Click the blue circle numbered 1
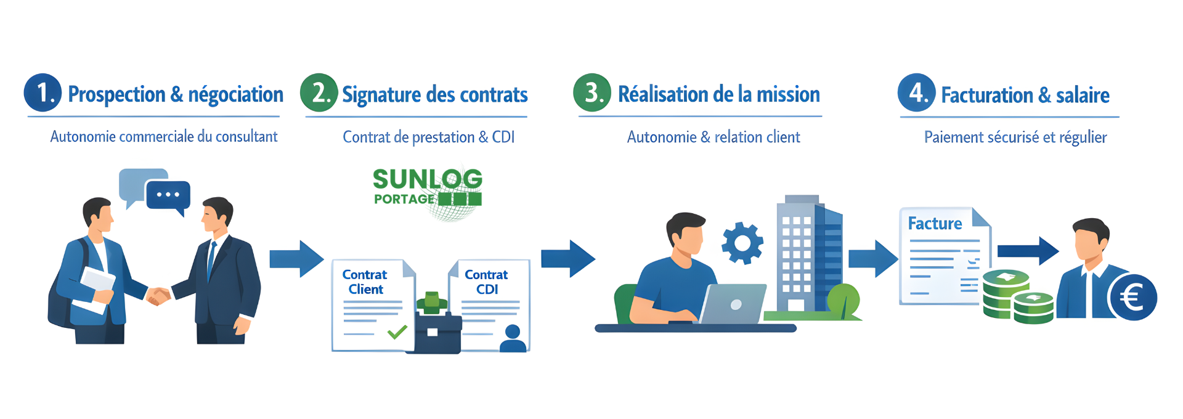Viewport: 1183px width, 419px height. click(x=43, y=93)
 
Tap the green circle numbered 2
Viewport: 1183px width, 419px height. click(x=319, y=93)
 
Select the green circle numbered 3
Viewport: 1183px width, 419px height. click(x=591, y=93)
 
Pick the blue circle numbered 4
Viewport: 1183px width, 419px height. click(x=916, y=93)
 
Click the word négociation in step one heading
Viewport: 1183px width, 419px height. click(x=235, y=94)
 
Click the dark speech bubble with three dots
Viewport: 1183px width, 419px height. click(x=168, y=195)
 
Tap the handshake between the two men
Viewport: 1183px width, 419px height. click(x=158, y=296)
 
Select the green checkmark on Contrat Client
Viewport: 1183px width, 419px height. click(x=397, y=332)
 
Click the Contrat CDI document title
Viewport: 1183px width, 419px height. click(x=486, y=282)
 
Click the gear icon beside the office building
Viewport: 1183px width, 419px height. click(x=742, y=243)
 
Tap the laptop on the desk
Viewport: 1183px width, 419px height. click(x=733, y=304)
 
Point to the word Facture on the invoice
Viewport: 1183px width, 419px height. click(x=935, y=223)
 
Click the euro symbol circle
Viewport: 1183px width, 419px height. click(x=1132, y=298)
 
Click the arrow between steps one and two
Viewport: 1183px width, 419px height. click(x=296, y=259)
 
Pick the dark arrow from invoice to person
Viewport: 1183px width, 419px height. click(x=1028, y=250)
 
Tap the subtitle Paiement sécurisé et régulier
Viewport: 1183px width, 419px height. click(x=1015, y=137)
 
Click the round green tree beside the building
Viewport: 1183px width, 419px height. click(x=844, y=299)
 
